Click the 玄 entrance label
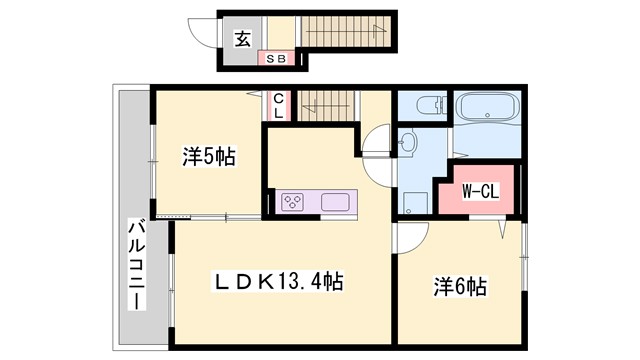(242, 39)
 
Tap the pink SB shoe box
(275, 59)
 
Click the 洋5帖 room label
(209, 157)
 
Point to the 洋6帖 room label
(460, 287)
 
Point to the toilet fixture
(425, 107)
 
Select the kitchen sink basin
(336, 202)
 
